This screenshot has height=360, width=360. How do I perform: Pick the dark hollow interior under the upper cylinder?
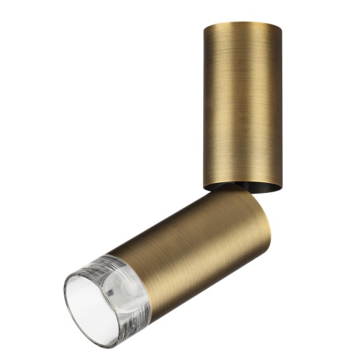[x=252, y=189]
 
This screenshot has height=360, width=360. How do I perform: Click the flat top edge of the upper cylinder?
[x=242, y=24]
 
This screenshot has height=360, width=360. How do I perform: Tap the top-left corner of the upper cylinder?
[x=204, y=27]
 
